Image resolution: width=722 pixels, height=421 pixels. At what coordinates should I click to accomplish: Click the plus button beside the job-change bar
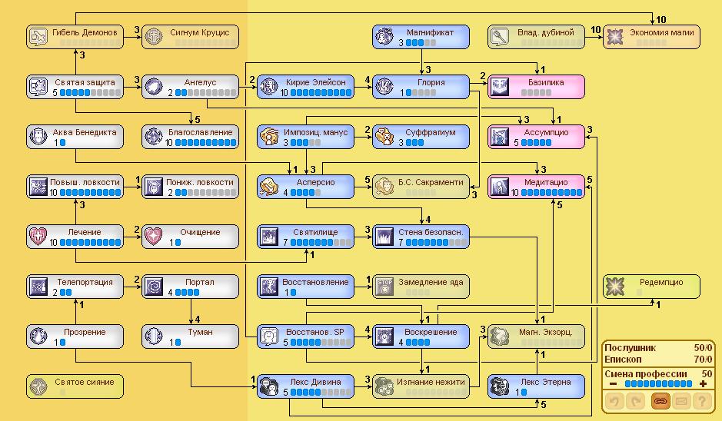click(702, 383)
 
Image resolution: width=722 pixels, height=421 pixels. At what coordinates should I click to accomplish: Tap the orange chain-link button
click(660, 400)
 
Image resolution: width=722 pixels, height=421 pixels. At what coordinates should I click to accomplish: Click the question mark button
click(700, 400)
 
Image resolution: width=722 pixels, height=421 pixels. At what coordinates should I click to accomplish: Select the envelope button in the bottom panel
click(680, 400)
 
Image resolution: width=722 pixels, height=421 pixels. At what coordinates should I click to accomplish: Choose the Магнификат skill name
click(430, 32)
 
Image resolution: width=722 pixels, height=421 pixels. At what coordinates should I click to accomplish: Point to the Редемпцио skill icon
click(615, 286)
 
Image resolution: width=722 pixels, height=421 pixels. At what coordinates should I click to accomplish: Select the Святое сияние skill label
click(84, 382)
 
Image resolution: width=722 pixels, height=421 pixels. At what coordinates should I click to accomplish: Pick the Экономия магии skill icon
click(615, 36)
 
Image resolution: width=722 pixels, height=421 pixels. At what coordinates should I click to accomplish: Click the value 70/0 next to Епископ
click(697, 359)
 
